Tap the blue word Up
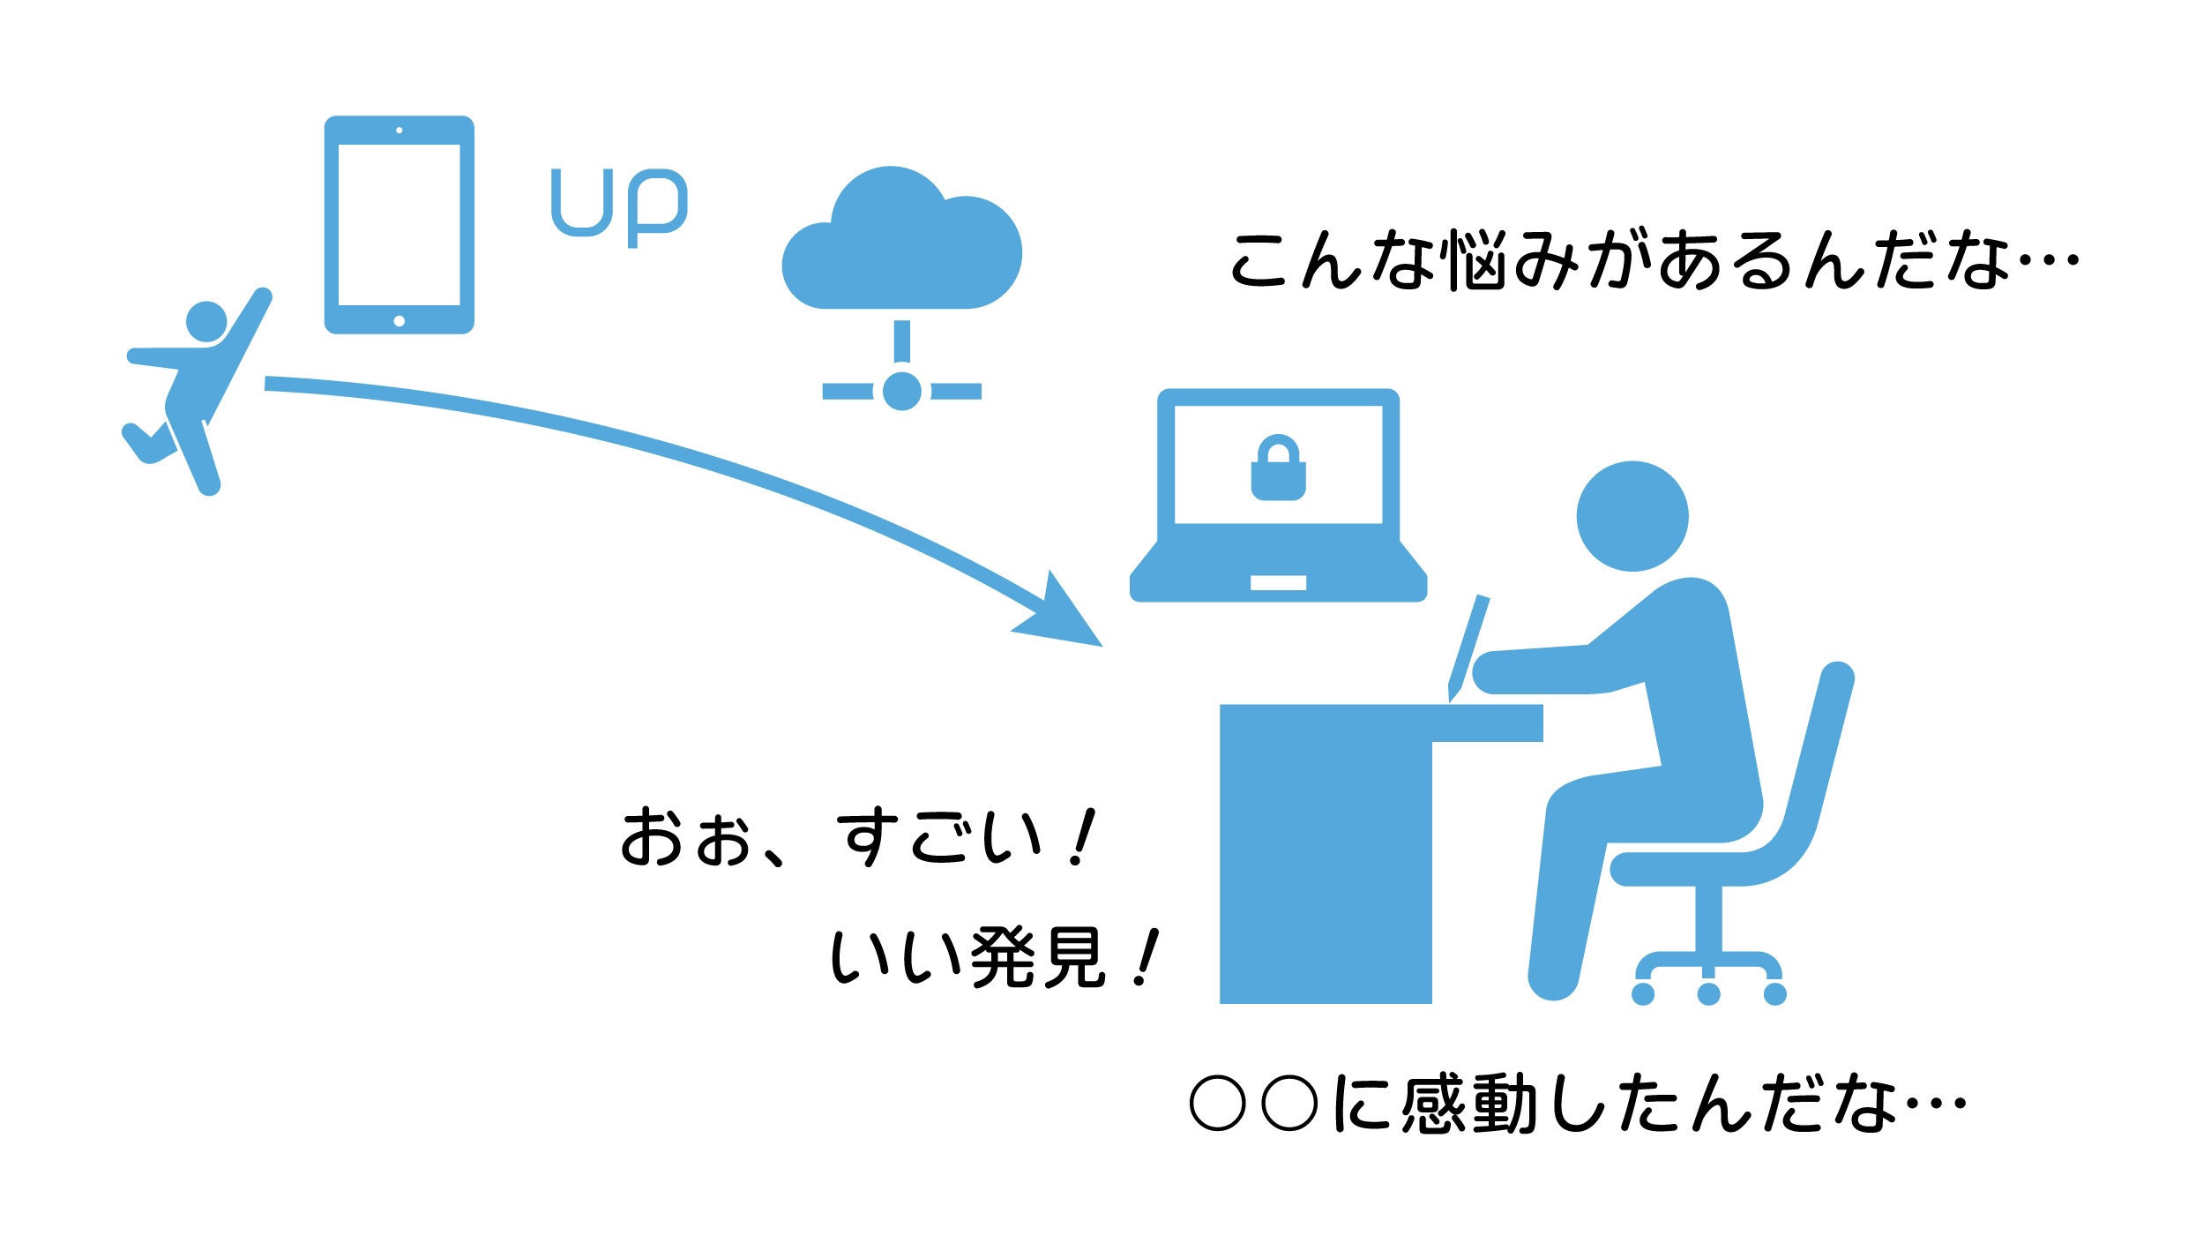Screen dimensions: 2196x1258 (619, 206)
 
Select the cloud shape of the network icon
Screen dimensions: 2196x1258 (901, 238)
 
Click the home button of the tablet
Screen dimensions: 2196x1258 (399, 321)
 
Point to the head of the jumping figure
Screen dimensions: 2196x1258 (206, 322)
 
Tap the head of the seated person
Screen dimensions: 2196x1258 (1632, 516)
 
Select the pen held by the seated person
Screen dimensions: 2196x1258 (1468, 648)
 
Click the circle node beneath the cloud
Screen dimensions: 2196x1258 (901, 391)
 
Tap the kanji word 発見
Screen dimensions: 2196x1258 (1038, 959)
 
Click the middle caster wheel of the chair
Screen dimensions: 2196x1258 (1709, 994)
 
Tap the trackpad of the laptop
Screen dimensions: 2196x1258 (1278, 583)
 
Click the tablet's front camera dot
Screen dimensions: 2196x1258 (400, 131)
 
